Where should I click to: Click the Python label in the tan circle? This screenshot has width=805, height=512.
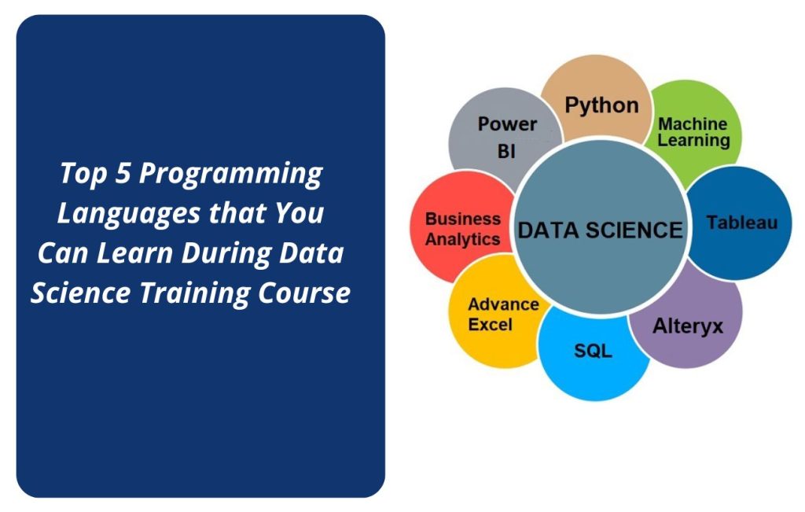click(601, 106)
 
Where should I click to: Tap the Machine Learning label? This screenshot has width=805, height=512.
click(693, 132)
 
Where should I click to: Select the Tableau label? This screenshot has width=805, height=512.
click(741, 223)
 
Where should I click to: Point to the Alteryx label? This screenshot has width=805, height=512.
click(687, 326)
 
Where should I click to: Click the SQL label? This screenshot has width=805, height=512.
click(593, 351)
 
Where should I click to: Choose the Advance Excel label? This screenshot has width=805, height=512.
click(503, 315)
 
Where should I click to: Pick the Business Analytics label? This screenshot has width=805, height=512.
click(462, 229)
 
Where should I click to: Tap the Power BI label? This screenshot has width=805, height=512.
click(507, 138)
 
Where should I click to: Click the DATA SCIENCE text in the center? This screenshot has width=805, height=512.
click(600, 230)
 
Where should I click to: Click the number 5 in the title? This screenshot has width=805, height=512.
click(123, 172)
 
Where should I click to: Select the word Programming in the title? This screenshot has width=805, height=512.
click(230, 175)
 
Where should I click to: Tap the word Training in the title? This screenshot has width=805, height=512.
click(195, 294)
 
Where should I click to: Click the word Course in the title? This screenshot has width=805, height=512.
click(304, 293)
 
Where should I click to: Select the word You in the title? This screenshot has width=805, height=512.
click(300, 213)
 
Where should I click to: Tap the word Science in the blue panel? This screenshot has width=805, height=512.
click(81, 293)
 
